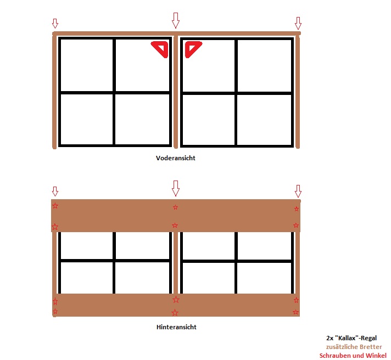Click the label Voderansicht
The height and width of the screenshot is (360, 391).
176,158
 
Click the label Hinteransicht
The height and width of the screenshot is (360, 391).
176,327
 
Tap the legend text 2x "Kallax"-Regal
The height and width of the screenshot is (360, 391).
351,338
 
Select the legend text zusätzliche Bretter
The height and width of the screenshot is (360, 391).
354,347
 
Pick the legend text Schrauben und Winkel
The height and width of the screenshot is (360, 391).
353,356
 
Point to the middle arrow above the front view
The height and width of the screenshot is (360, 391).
176,20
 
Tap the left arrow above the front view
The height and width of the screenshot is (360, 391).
55,24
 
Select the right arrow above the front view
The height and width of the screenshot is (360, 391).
298,23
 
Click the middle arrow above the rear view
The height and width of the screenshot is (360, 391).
176,188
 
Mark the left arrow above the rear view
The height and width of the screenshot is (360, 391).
55,192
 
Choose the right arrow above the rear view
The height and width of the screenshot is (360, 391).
298,191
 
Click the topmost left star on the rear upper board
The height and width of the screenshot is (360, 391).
55,206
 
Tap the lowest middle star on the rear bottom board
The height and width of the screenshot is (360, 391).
175,312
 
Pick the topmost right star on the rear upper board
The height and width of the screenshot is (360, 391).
297,209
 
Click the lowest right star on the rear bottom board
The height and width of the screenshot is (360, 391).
296,312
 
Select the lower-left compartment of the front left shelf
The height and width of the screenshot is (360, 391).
87,119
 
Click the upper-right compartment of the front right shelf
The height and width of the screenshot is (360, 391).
264,66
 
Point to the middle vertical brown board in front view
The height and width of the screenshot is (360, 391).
176,92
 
